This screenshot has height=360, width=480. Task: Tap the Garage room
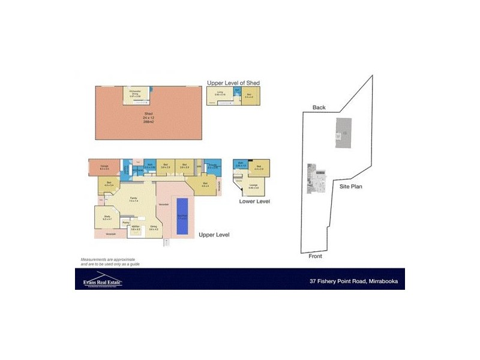pos(104,168)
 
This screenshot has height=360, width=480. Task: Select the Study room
pos(107,218)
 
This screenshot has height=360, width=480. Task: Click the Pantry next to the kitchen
pos(126,223)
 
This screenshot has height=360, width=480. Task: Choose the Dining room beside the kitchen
pos(154,229)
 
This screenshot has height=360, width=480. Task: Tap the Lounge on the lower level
pos(254,187)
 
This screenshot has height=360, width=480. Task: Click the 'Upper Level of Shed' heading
pos(233,82)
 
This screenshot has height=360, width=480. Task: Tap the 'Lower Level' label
pos(254,201)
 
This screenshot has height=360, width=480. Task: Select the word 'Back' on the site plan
pos(319,107)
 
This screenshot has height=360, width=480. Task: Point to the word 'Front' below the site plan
pos(316,256)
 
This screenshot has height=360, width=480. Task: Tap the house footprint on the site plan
pos(316,179)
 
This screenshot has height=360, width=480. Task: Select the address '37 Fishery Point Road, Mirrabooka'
pos(353,280)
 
